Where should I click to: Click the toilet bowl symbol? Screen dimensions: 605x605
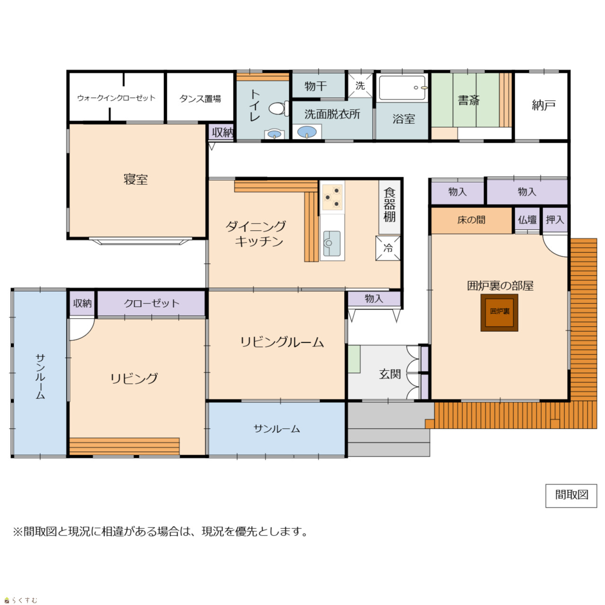pos(278,108)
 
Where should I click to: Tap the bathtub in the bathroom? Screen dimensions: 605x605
pos(402,87)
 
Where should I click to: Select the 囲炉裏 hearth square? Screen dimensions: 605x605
pos(499,313)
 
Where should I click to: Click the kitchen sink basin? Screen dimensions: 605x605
pos(332,243)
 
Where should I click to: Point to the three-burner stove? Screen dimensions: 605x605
pos(332,198)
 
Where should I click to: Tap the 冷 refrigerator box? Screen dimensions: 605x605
pos(388,248)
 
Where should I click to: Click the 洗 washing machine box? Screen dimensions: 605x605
pos(360,86)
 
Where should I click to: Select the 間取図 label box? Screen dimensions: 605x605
pos(571,496)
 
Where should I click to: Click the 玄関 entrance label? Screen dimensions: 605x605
pos(390,374)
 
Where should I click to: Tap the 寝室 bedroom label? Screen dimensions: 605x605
pos(136,179)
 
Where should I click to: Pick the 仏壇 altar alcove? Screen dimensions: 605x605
pos(527,220)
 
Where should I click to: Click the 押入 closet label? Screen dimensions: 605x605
pos(555,219)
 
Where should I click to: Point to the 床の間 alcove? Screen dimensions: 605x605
pos(471,220)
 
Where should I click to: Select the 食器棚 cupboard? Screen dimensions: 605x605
pos(389,207)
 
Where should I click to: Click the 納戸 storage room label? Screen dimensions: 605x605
pos(544,105)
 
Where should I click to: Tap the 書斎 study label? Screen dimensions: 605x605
pos(469,101)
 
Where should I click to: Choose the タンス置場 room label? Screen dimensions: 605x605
pos(200,99)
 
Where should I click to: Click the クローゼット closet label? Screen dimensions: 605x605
pos(152,303)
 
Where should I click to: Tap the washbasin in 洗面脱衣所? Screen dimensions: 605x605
pos(307,132)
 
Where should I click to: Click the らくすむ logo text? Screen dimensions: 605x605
pos(25,600)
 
